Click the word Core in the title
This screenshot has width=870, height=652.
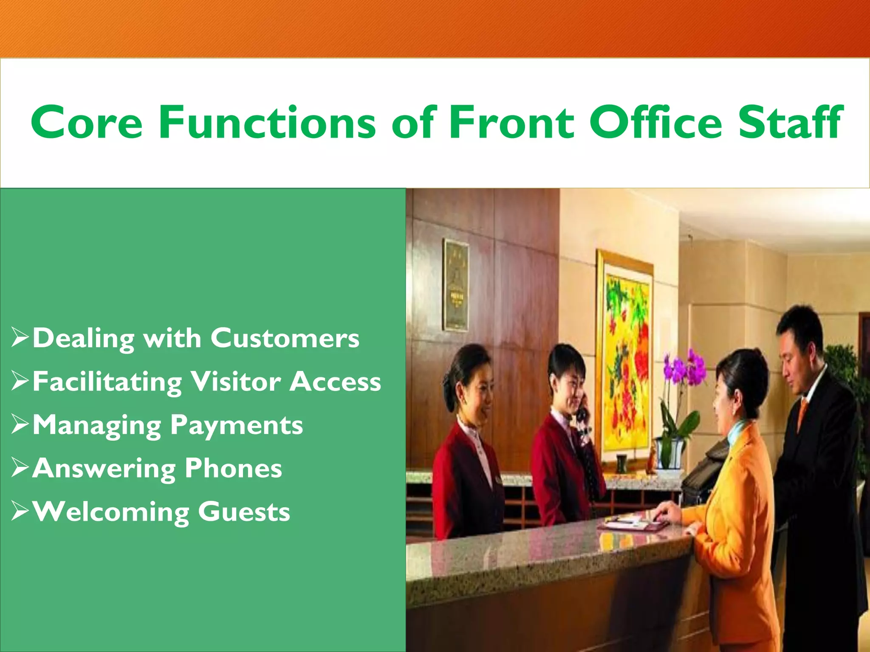pyautogui.click(x=87, y=123)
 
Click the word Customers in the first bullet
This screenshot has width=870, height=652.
pyautogui.click(x=285, y=338)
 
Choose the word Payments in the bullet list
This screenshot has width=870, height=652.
pyautogui.click(x=237, y=425)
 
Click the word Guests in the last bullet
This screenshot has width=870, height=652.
pyautogui.click(x=244, y=511)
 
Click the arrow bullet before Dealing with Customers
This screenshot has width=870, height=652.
pyautogui.click(x=20, y=338)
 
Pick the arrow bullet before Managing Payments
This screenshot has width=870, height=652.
pyautogui.click(x=20, y=424)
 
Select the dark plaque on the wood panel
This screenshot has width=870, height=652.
pyautogui.click(x=456, y=284)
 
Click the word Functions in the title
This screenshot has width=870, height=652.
pyautogui.click(x=267, y=123)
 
